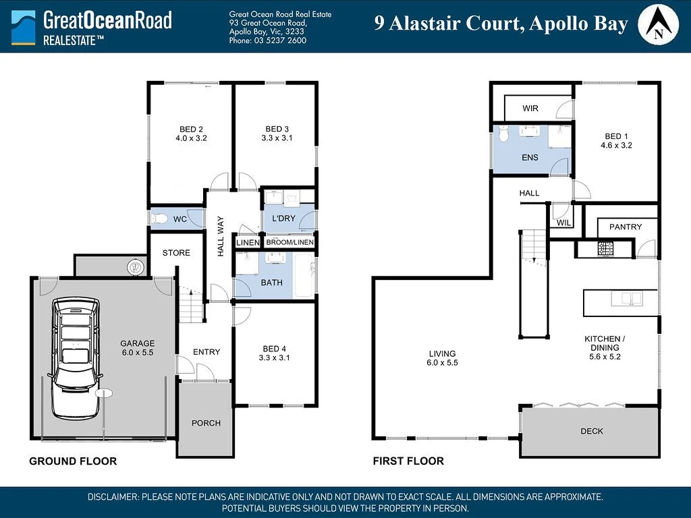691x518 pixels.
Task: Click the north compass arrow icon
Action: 658,25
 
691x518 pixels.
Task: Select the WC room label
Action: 179,219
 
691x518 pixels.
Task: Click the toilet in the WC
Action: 159,219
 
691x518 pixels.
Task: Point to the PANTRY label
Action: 626,227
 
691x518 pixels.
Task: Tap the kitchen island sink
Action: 627,299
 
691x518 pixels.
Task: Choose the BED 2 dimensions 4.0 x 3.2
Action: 191,138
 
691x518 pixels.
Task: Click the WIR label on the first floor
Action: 530,109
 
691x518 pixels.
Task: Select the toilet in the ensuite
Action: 503,133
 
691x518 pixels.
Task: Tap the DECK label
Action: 591,431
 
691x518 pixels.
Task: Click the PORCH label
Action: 206,424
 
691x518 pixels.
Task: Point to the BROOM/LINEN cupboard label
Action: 290,242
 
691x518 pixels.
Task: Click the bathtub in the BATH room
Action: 304,276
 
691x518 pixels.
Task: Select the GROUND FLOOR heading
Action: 73,461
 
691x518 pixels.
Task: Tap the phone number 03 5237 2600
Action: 280,40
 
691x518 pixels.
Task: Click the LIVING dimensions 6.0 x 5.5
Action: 442,362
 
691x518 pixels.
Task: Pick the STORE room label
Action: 176,253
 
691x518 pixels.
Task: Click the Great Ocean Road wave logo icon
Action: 24,27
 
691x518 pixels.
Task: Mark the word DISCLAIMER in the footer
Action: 113,497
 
